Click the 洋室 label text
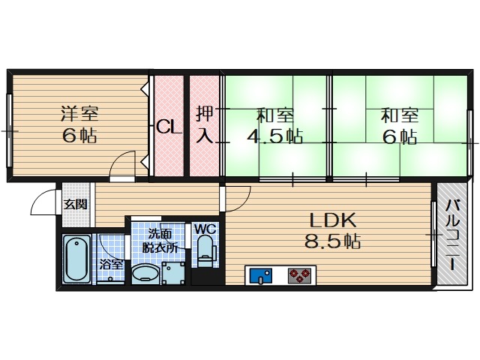pyautogui.click(x=79, y=115)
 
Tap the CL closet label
pyautogui.click(x=169, y=127)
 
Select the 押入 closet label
pyautogui.click(x=204, y=124)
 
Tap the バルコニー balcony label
pyautogui.click(x=452, y=234)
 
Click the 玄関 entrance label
pyautogui.click(x=74, y=204)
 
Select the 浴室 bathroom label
pyautogui.click(x=111, y=264)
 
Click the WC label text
pyautogui.click(x=205, y=229)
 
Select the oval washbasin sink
pyautogui.click(x=145, y=274)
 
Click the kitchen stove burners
pyautogui.click(x=300, y=276)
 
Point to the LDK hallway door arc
pyautogui.click(x=238, y=196)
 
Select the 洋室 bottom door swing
pyautogui.click(x=121, y=166)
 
